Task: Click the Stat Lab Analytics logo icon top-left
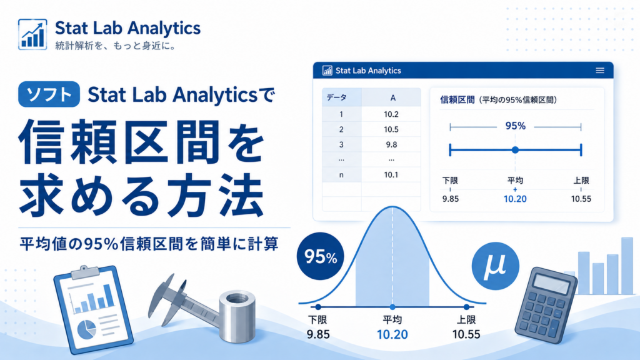(32, 34)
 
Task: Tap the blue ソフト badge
(49, 94)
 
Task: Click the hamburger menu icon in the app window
(599, 71)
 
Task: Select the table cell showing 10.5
(391, 129)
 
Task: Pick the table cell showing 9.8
(391, 144)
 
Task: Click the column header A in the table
(391, 98)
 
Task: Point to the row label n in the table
(342, 175)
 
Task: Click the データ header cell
(342, 98)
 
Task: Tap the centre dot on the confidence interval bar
(515, 150)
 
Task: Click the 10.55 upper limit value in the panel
(581, 199)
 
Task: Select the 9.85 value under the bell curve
(318, 334)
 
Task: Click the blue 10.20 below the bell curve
(392, 334)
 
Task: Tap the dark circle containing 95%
(321, 256)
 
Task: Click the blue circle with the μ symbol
(495, 266)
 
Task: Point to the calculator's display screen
(551, 283)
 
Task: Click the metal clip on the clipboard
(85, 272)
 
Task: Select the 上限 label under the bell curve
(466, 319)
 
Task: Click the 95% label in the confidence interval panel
(515, 126)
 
